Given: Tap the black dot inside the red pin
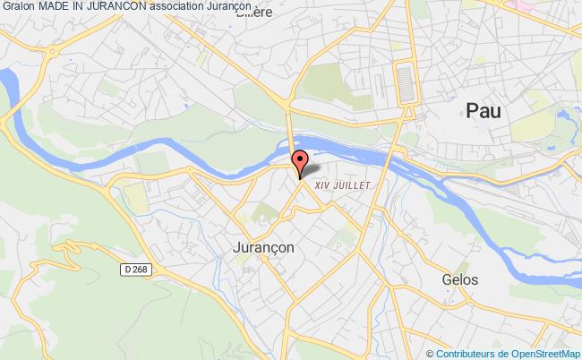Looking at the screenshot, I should (299, 157).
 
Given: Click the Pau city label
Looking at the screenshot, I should (484, 109).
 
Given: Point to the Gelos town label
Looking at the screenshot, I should (459, 279).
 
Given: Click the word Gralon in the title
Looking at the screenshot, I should (19, 8).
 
